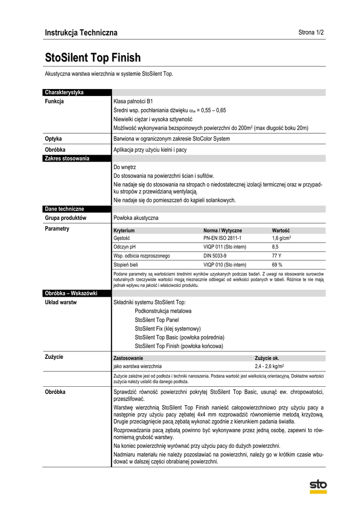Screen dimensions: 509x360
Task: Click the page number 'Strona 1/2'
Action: pyautogui.click(x=311, y=33)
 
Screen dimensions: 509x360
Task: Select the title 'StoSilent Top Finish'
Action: pyautogui.click(x=93, y=58)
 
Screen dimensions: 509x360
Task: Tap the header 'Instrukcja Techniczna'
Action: pyautogui.click(x=81, y=33)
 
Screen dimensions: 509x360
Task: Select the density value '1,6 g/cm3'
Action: pyautogui.click(x=281, y=239)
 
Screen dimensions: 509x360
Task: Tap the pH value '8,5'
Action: pyautogui.click(x=275, y=247)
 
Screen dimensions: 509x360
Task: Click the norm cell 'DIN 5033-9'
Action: pyautogui.click(x=214, y=256)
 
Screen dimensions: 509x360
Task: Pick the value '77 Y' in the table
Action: pyautogui.click(x=276, y=256)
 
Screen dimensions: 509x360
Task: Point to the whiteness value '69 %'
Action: pyautogui.click(x=277, y=265)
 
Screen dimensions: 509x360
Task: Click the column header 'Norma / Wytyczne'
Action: pyautogui.click(x=223, y=231)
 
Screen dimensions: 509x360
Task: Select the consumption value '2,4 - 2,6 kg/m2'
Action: pyautogui.click(x=273, y=366)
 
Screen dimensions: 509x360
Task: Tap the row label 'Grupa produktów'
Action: pyautogui.click(x=66, y=218)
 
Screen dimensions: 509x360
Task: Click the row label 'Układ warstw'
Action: pyautogui.click(x=61, y=302)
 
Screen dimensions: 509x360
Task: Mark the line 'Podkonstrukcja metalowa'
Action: pyautogui.click(x=163, y=311)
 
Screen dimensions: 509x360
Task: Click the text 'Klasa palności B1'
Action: pyautogui.click(x=133, y=101)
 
